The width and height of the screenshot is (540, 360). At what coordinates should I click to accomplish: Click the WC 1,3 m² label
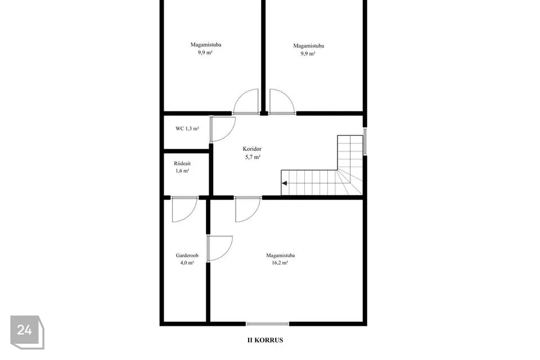tap(187, 128)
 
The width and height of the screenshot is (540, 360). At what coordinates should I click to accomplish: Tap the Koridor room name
tap(252, 149)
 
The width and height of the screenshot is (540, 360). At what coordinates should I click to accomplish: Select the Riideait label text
tap(182, 163)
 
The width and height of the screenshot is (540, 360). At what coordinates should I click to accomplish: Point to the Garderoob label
tap(187, 255)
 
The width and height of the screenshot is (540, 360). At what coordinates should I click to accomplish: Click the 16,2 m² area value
tap(280, 263)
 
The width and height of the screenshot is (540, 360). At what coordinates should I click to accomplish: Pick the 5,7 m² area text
tap(253, 157)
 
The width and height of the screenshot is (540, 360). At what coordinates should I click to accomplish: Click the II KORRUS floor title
tap(265, 340)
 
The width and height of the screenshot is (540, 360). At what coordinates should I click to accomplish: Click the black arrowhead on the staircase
tap(285, 183)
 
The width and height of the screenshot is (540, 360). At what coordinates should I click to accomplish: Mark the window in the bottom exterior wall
tap(267, 324)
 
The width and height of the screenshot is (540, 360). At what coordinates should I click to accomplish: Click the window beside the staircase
tap(365, 142)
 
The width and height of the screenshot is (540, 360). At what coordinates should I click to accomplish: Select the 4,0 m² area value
tap(187, 263)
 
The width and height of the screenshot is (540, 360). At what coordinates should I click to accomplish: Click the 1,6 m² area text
tap(182, 170)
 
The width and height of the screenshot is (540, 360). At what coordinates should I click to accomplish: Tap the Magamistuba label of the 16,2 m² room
tap(280, 255)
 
